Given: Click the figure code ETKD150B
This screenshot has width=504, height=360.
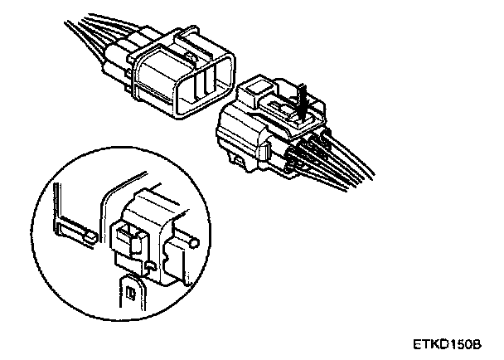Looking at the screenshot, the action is (x=453, y=342).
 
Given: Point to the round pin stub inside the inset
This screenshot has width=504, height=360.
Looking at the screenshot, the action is (x=192, y=243).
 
